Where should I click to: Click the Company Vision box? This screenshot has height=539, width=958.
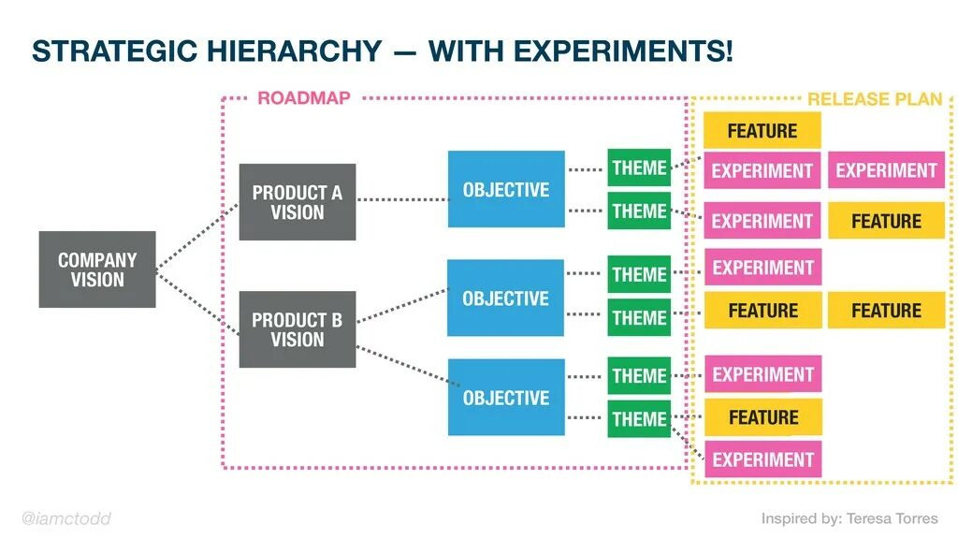(x=97, y=269)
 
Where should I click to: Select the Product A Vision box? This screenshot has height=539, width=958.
(x=297, y=202)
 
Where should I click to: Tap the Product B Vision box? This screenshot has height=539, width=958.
(x=297, y=329)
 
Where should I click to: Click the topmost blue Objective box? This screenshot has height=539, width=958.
(x=506, y=189)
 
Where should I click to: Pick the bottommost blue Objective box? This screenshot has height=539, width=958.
(x=506, y=398)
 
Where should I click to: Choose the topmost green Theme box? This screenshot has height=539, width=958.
(x=639, y=168)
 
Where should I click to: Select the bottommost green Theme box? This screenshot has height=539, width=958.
(x=639, y=419)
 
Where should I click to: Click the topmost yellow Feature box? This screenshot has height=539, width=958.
(x=762, y=130)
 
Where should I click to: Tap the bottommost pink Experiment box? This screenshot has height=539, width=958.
(x=762, y=459)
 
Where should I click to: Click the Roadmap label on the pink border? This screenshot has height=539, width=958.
(x=303, y=98)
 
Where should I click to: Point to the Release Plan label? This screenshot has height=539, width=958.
(x=875, y=99)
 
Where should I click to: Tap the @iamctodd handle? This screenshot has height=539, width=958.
(x=65, y=518)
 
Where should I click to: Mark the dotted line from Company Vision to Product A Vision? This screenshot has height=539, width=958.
(x=197, y=235)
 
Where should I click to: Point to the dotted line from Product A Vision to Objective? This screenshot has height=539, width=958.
(x=402, y=199)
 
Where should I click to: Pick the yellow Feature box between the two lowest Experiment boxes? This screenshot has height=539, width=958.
(x=762, y=416)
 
